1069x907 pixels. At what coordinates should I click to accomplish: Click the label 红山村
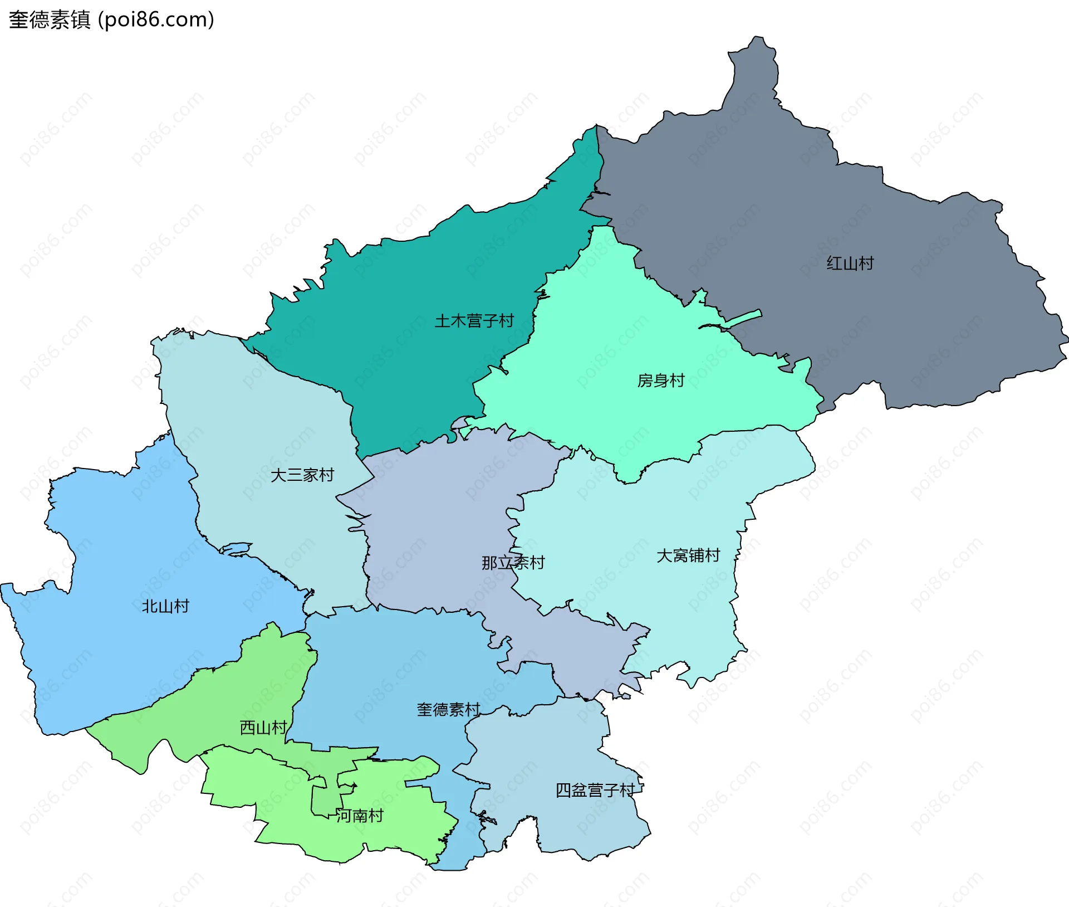pyautogui.click(x=850, y=263)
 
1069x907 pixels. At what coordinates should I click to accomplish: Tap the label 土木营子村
pyautogui.click(x=474, y=321)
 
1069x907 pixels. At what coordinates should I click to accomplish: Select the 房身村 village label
pyautogui.click(x=660, y=381)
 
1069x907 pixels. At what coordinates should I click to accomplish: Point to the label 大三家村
pyautogui.click(x=302, y=475)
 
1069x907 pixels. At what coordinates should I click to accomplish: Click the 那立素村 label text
pyautogui.click(x=513, y=563)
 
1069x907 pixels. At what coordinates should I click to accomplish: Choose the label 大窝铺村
pyautogui.click(x=688, y=555)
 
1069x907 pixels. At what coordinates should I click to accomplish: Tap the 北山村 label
pyautogui.click(x=165, y=606)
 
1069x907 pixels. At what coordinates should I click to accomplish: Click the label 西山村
pyautogui.click(x=263, y=728)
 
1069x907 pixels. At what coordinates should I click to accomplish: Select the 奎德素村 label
pyautogui.click(x=448, y=710)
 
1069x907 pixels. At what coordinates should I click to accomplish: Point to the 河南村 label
pyautogui.click(x=360, y=816)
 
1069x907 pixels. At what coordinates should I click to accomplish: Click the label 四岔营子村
pyautogui.click(x=595, y=790)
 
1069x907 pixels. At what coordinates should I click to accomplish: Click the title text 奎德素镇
pyautogui.click(x=50, y=20)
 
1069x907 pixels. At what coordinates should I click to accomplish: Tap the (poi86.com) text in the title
pyautogui.click(x=156, y=20)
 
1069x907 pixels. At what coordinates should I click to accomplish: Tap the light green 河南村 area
pyautogui.click(x=390, y=825)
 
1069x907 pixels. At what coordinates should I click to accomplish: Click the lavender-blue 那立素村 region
pyautogui.click(x=434, y=529)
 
